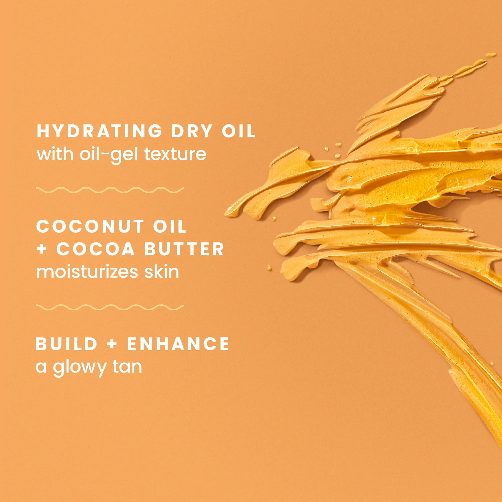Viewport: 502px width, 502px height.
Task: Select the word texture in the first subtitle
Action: (175, 154)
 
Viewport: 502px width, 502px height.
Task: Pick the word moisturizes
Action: (85, 272)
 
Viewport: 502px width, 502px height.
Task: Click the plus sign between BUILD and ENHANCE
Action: (112, 344)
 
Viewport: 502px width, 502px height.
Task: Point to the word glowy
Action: (79, 367)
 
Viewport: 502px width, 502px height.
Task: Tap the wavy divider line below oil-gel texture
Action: (110, 190)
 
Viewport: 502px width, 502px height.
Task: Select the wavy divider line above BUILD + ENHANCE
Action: (110, 308)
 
